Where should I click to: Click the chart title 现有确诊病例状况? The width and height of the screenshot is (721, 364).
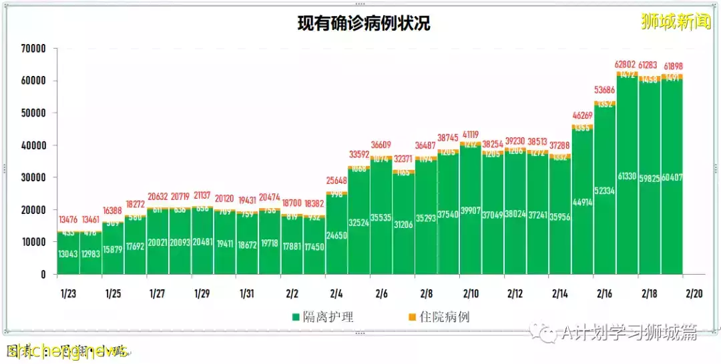(x=364, y=24)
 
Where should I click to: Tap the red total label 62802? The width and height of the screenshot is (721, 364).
(x=627, y=65)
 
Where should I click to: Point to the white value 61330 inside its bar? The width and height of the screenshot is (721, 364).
(x=627, y=195)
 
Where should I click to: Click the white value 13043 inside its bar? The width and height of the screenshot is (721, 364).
(x=68, y=253)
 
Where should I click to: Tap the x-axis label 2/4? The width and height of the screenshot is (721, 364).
(x=336, y=293)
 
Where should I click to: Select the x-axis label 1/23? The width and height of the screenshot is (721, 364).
(x=67, y=293)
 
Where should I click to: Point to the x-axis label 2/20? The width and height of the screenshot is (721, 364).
(x=694, y=293)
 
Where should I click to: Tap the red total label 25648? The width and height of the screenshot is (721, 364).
(x=336, y=181)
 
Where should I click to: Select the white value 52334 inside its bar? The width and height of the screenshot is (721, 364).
(x=605, y=209)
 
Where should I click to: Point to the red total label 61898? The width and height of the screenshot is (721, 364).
(x=672, y=67)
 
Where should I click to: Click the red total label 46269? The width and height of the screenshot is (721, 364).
(x=582, y=115)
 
